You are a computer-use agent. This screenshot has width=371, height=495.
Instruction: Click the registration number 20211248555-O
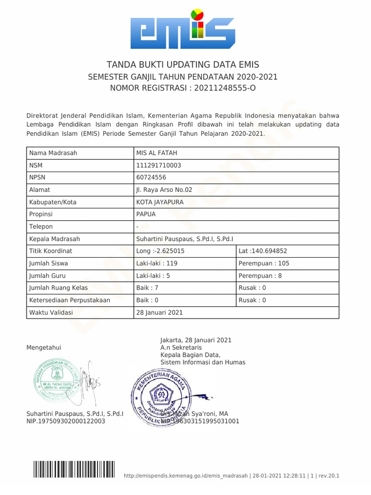click(225, 88)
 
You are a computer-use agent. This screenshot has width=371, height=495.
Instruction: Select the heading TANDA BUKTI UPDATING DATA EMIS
click(183, 65)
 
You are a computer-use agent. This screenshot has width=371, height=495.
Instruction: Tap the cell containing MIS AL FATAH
click(157, 153)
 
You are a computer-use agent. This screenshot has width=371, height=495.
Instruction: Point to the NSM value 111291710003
click(159, 165)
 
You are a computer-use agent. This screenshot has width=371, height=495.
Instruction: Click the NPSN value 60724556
click(151, 177)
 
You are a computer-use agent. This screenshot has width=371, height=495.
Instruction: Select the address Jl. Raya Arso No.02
click(164, 190)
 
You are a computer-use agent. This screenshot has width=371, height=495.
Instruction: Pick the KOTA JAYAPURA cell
click(160, 202)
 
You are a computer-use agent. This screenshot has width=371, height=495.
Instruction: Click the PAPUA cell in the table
click(146, 214)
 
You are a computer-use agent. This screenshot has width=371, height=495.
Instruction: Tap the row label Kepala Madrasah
click(55, 239)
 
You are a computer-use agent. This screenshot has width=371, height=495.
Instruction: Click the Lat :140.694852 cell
click(263, 251)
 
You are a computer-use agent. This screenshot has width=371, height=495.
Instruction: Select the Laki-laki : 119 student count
click(157, 263)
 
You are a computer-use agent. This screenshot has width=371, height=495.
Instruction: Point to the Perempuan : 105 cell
click(264, 263)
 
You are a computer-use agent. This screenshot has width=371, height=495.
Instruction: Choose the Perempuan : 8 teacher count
click(260, 276)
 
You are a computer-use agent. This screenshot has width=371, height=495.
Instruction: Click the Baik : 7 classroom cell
click(147, 288)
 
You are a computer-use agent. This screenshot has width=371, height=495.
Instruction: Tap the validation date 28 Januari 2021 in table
click(159, 312)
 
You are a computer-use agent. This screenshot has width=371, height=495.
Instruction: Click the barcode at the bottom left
click(74, 469)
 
